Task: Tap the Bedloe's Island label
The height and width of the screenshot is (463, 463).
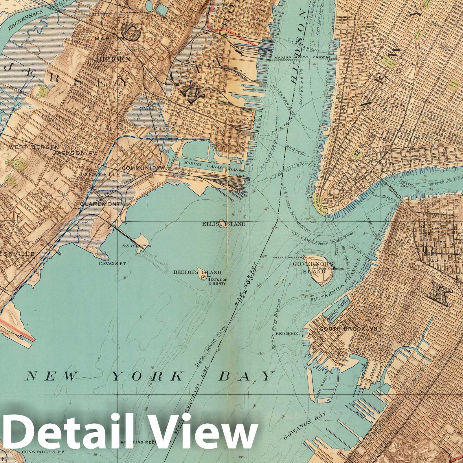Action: (197, 272)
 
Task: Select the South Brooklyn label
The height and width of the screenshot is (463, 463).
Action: (349, 329)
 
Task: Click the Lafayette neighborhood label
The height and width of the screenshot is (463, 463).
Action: (100, 174)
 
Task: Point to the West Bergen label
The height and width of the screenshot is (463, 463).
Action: (34, 147)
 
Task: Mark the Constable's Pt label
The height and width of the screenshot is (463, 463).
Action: (40, 451)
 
